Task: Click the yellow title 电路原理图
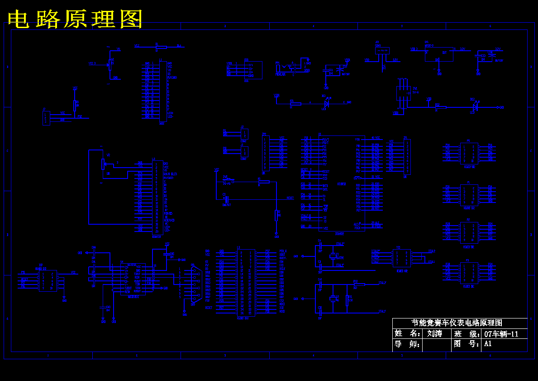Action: pos(75,19)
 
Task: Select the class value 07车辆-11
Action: pos(501,334)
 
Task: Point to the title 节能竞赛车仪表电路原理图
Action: pos(457,323)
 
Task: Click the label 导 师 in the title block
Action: pos(406,344)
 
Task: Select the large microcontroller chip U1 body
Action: pos(342,183)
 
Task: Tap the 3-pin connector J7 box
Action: pos(46,118)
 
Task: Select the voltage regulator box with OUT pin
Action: pos(438,53)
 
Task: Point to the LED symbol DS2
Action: pos(474,107)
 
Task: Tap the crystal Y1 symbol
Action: pos(333,257)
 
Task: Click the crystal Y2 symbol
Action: pos(333,298)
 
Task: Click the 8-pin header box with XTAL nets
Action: pos(402,258)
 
